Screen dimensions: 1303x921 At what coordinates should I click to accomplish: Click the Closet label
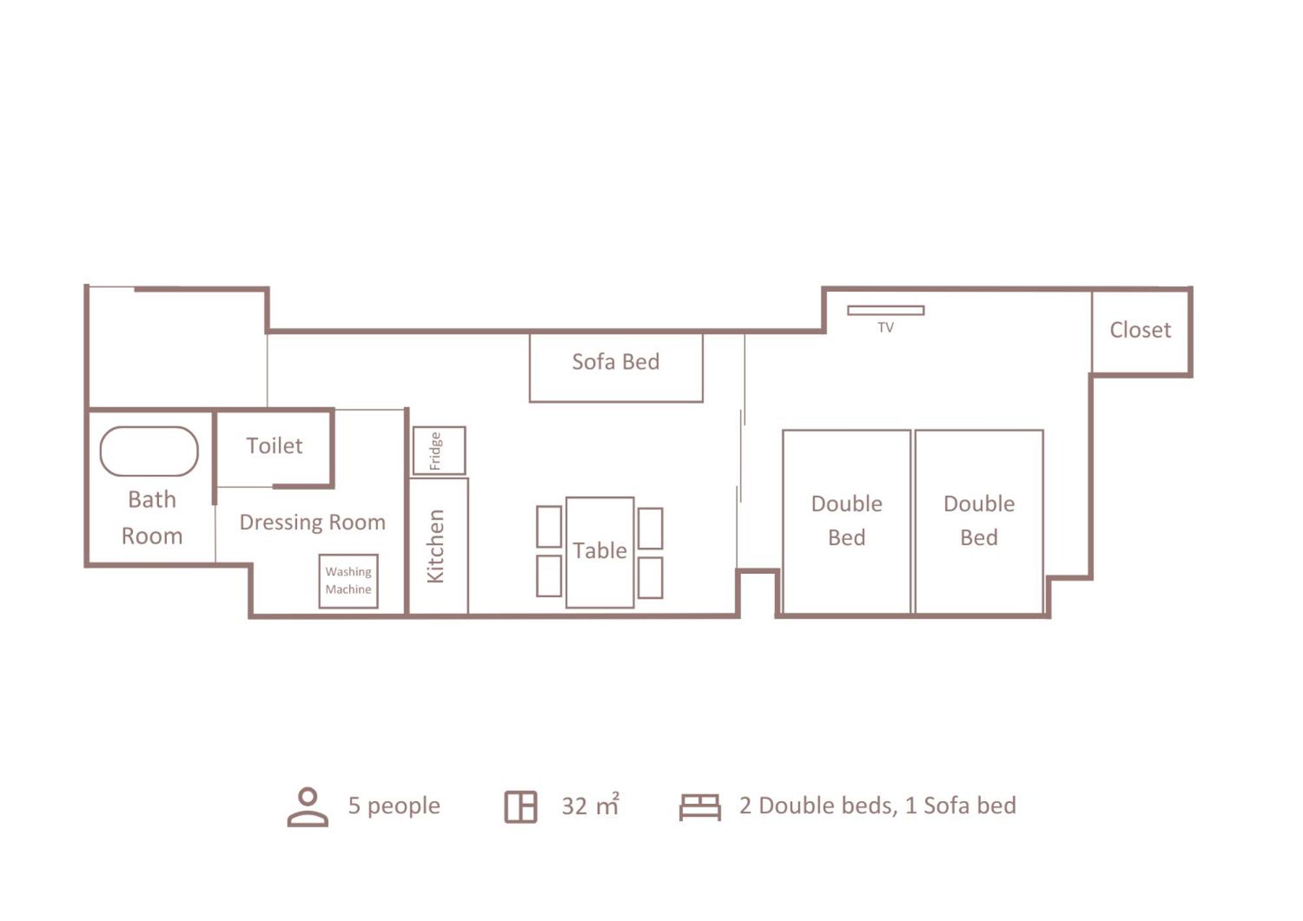pos(1140,330)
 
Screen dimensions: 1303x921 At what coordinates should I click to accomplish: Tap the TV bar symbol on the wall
pos(886,310)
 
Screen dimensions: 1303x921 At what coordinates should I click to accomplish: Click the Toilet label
pos(274,446)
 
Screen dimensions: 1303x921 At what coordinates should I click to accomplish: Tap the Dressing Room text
pos(312,522)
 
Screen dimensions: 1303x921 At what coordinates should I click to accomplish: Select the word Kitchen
pos(435,546)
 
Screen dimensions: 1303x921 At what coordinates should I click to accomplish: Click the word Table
pos(600,550)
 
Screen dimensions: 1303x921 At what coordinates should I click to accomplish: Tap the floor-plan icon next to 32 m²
pos(521,807)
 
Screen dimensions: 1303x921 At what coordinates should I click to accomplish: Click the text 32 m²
pos(591,805)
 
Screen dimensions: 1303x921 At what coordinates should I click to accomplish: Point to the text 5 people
pos(394,806)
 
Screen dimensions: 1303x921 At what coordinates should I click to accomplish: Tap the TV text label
pos(885,328)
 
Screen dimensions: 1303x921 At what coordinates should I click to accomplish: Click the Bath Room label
pos(152,517)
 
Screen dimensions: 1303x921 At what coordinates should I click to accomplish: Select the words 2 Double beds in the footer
pos(817,806)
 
